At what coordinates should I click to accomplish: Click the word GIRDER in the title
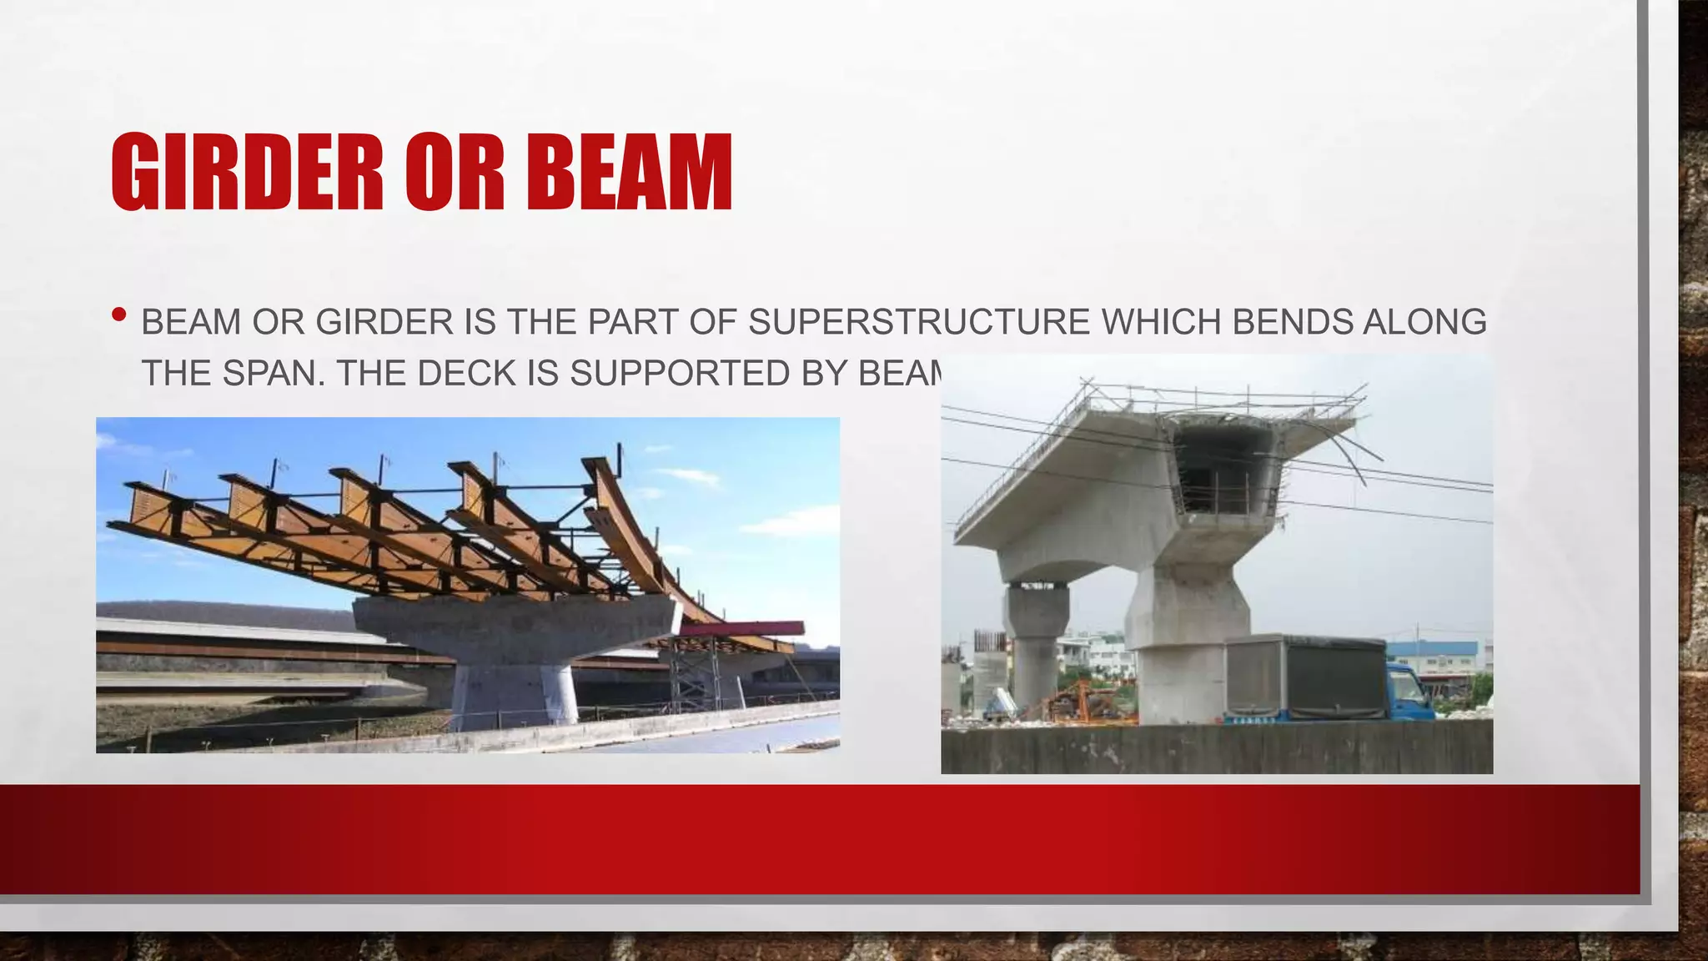(x=247, y=172)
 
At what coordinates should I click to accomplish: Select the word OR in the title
(x=455, y=172)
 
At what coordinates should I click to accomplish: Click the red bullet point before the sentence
(x=118, y=315)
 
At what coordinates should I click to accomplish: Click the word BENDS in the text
(x=1292, y=322)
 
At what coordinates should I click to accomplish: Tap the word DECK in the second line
(x=467, y=373)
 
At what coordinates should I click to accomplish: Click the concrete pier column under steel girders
(x=513, y=688)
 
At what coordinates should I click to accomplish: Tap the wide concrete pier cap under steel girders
(x=513, y=621)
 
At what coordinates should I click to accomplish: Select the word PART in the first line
(x=633, y=322)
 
